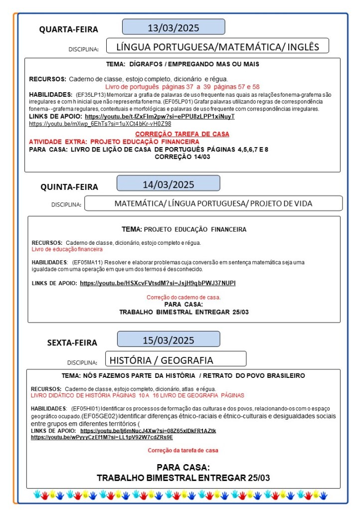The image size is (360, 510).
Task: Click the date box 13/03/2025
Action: [x=174, y=27]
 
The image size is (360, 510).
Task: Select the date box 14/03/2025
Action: [x=168, y=184]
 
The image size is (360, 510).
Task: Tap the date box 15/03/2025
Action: [x=169, y=340]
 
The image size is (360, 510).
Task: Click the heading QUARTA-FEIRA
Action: [x=69, y=29]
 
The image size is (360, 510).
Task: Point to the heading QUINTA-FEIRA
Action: [x=69, y=187]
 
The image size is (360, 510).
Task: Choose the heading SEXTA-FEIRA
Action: [x=72, y=342]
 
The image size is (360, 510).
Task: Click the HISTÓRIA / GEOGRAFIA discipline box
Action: [x=176, y=360]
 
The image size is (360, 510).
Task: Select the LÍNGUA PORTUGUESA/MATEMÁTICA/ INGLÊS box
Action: [x=217, y=47]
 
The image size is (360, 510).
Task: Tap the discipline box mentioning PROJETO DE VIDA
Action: [x=213, y=203]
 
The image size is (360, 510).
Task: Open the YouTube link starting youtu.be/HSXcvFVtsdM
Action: [x=158, y=283]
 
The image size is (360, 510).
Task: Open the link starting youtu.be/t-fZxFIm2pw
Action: [x=160, y=116]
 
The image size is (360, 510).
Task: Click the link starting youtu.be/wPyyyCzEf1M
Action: [x=102, y=437]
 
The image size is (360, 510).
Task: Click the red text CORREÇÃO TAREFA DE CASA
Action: [x=182, y=134]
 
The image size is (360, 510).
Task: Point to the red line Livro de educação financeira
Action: [x=67, y=249]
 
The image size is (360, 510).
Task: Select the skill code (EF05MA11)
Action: [x=86, y=262]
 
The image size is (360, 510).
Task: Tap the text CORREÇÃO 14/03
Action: [x=182, y=157]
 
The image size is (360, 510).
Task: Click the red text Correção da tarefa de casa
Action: [x=182, y=451]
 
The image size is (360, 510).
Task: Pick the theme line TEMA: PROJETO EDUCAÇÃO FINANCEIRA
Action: [x=184, y=230]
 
